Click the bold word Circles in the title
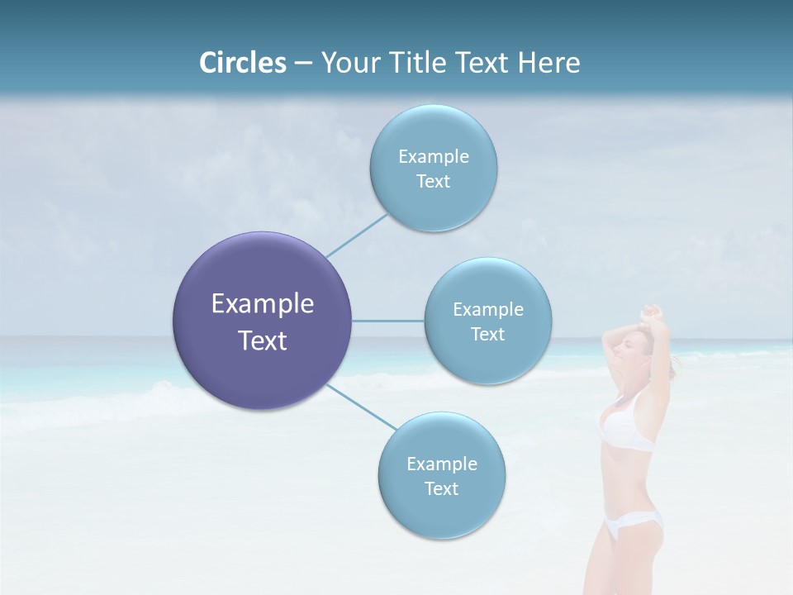243,63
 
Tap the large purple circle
263,321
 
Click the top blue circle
433,168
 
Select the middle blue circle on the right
488,321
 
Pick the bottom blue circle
441,475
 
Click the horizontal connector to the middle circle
388,321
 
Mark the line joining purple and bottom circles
360,407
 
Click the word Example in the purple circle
263,304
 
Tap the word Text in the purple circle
263,340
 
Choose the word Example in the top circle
433,156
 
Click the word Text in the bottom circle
441,488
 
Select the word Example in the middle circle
488,309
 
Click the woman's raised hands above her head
653,312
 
